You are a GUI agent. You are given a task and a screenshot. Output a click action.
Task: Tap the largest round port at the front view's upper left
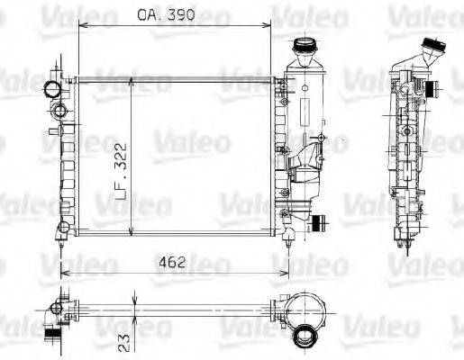tap(52, 89)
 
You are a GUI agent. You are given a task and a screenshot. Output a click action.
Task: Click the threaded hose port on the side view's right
tap(433, 89)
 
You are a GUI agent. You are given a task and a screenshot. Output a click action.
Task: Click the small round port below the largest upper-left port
tap(59, 111)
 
